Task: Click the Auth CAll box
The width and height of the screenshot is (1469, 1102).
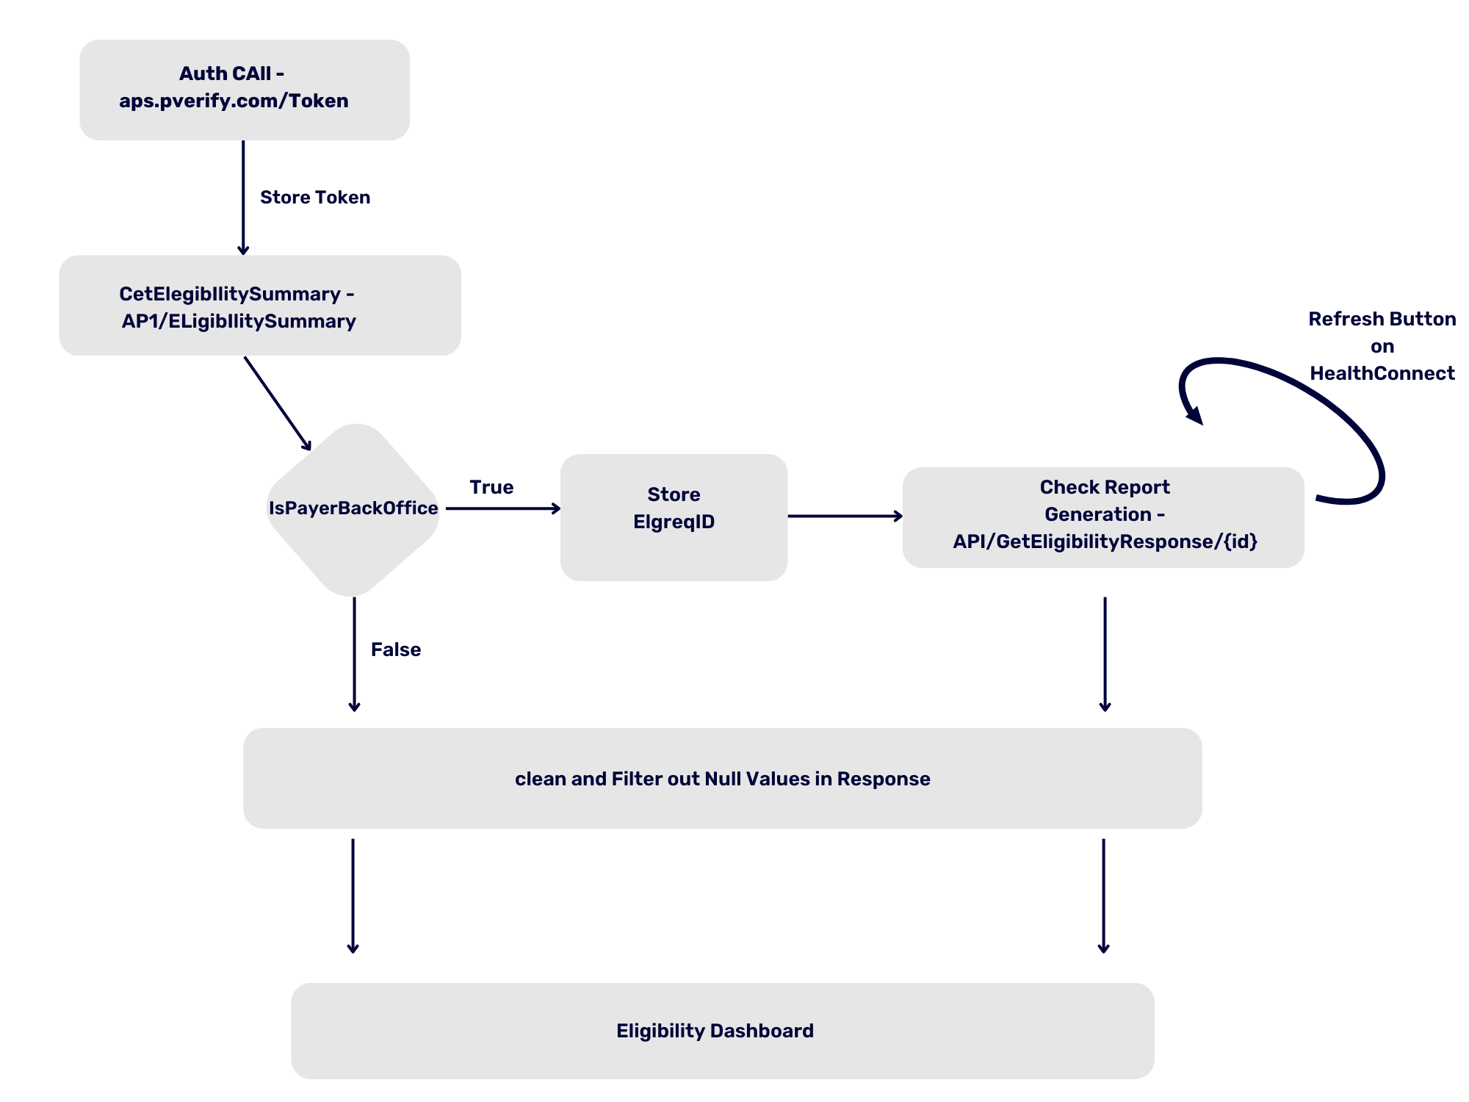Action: [244, 90]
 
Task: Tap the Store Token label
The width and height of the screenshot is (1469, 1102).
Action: [315, 198]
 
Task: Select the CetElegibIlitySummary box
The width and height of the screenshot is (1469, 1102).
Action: [259, 306]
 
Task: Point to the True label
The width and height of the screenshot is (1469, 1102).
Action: [491, 487]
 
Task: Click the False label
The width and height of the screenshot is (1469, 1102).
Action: [395, 649]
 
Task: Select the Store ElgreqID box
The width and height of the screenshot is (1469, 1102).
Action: [674, 517]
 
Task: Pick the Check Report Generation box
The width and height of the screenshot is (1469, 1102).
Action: [1103, 516]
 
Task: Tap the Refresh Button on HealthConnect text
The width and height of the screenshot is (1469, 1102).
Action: [1382, 346]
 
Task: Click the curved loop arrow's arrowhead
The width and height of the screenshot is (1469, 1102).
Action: [1194, 417]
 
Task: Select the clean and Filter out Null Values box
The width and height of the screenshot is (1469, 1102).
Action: [722, 778]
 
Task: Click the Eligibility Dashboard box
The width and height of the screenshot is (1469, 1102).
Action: [722, 1031]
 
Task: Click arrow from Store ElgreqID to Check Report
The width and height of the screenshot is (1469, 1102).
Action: [845, 516]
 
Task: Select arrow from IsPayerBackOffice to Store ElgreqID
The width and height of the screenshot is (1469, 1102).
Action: [503, 508]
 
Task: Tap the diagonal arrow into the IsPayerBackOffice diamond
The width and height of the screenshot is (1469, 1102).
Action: [277, 403]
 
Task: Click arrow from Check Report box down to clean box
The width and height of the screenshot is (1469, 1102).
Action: [1105, 654]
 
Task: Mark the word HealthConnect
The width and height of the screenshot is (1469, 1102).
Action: [1382, 373]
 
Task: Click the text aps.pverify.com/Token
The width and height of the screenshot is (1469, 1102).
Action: [234, 101]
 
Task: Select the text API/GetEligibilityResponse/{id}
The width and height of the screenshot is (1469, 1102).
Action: [1105, 541]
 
